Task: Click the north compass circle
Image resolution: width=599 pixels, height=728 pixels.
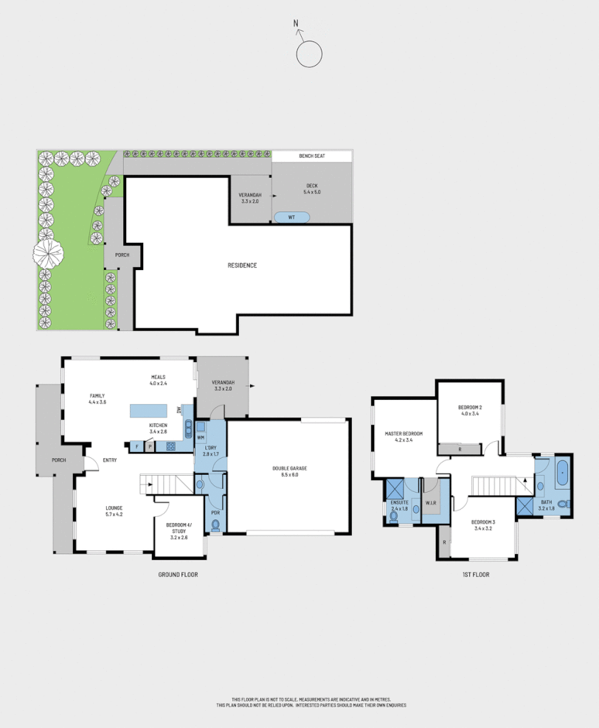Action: [309, 54]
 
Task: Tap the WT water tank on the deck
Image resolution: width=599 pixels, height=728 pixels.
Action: [292, 217]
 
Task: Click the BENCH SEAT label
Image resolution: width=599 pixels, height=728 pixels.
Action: [311, 156]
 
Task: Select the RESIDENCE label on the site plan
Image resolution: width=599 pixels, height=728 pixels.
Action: [241, 266]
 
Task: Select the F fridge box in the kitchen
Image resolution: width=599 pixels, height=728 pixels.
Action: [137, 446]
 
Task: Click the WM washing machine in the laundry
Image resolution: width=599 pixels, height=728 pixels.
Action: [200, 438]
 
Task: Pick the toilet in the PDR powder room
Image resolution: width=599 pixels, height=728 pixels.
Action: [215, 525]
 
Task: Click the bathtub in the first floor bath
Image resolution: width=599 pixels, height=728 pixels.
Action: [563, 472]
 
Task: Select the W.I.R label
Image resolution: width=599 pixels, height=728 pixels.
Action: [431, 504]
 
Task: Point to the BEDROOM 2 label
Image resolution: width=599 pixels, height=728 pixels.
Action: [470, 408]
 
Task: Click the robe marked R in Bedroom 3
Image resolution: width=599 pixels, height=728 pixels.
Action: [444, 542]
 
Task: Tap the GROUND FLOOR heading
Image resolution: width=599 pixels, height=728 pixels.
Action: [179, 574]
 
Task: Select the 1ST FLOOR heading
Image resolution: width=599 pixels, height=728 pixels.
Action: [476, 574]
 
